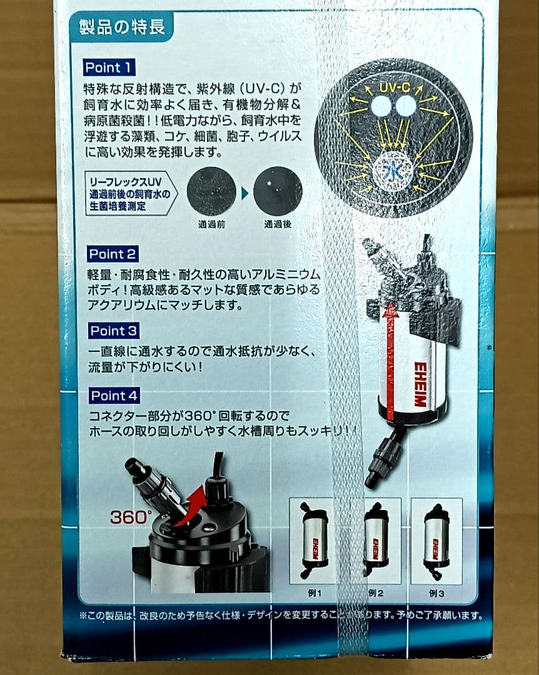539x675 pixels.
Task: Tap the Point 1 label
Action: coord(110,67)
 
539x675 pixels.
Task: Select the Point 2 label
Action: coord(113,254)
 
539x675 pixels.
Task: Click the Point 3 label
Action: coord(113,331)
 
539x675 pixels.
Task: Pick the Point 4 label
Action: coord(114,396)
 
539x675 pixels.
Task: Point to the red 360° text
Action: coord(131,517)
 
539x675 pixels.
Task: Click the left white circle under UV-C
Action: coord(380,106)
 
